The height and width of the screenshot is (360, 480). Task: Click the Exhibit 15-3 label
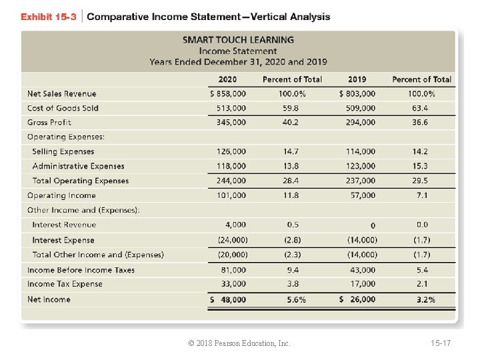click(x=49, y=17)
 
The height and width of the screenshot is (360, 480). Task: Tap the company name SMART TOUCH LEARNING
click(x=238, y=40)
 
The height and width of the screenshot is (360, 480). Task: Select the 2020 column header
click(x=227, y=79)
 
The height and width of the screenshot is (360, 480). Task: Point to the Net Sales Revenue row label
click(x=61, y=94)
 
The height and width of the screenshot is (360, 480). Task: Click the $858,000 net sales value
click(x=227, y=94)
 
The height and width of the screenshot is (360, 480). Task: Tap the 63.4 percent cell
click(x=420, y=108)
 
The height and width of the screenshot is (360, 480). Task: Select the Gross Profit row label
click(x=49, y=123)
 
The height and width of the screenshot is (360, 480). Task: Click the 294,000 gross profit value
click(x=361, y=123)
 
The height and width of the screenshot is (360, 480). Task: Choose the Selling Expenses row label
click(x=63, y=152)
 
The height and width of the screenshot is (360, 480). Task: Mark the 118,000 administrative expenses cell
click(x=231, y=166)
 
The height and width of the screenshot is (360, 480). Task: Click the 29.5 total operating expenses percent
click(x=420, y=181)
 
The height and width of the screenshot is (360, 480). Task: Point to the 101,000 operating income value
click(x=231, y=195)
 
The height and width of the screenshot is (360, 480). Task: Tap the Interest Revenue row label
click(x=64, y=225)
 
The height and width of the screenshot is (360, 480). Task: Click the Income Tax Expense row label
click(x=65, y=284)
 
